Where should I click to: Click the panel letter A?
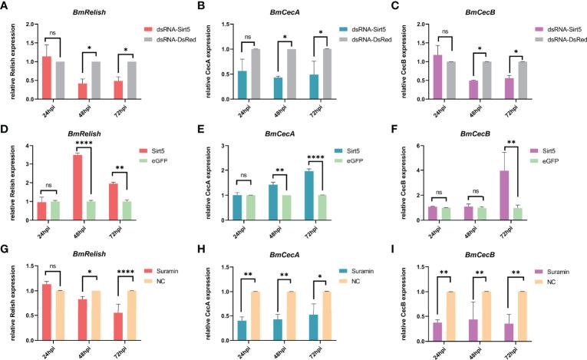pyautogui.click(x=5, y=7)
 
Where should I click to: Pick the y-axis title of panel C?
pyautogui.click(x=407, y=64)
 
